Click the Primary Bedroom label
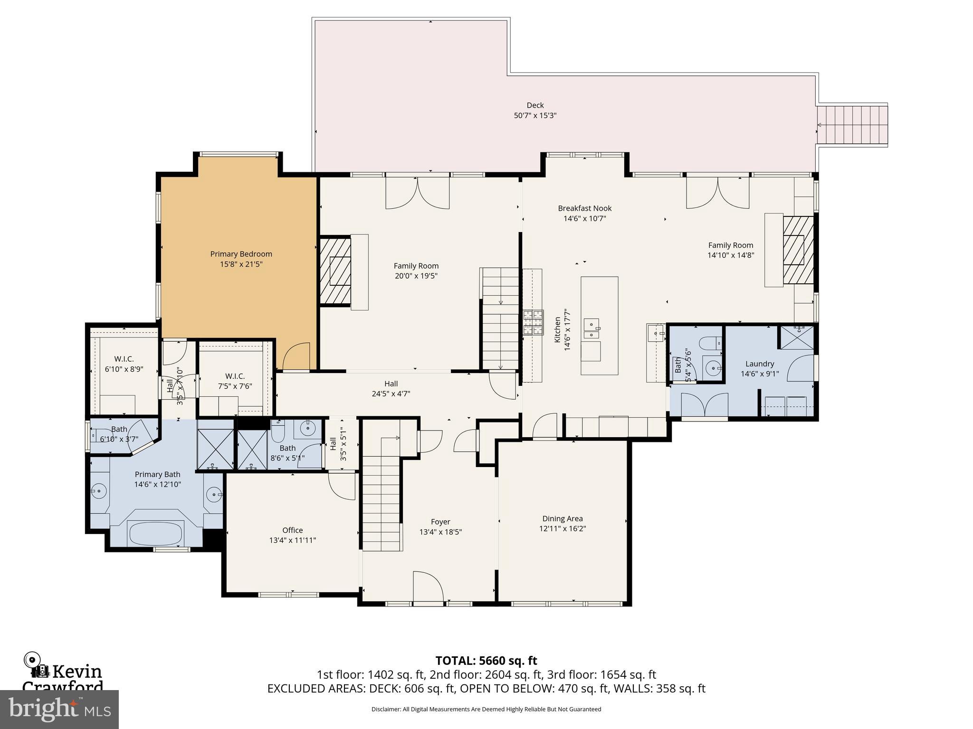241,254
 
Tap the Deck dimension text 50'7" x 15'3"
535,115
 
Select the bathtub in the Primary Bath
155,533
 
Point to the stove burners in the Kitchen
533,323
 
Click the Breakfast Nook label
584,208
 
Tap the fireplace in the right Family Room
793,250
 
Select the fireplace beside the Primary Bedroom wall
335,271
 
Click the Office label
292,530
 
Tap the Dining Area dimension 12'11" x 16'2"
562,529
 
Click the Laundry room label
759,364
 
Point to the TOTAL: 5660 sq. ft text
486,660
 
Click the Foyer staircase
382,498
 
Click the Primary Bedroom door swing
296,357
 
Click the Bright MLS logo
59,709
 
